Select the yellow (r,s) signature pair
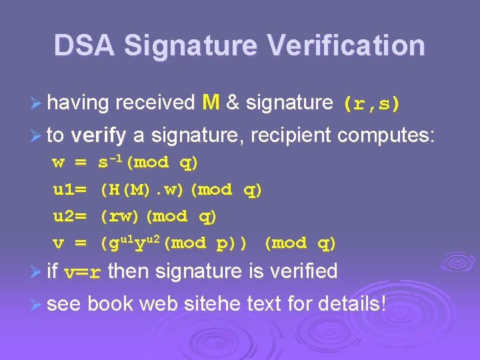pos(371,104)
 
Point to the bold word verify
pos(99,136)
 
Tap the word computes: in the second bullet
pos(386,136)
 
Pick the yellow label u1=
pos(69,190)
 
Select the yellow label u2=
pos(69,217)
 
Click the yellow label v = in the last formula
pos(69,243)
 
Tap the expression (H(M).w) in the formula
pos(143,190)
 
